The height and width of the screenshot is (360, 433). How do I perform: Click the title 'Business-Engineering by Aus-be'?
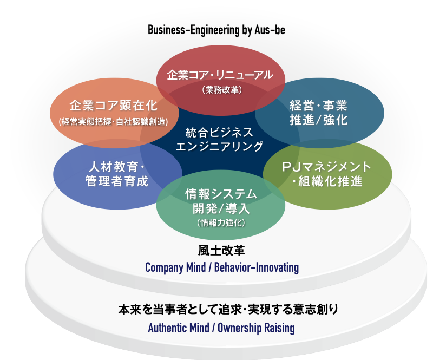(216, 30)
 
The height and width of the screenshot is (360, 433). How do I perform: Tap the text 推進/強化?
(319, 120)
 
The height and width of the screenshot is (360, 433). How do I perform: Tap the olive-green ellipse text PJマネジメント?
(327, 166)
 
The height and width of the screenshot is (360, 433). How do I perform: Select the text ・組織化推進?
(327, 181)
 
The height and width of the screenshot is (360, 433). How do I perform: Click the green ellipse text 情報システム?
(220, 193)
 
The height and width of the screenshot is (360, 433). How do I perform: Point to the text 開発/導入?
(220, 208)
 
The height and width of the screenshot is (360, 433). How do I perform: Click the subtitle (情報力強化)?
(220, 222)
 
